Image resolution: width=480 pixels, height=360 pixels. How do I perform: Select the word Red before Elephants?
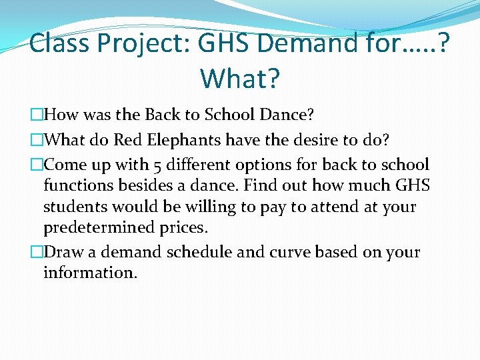[127, 141]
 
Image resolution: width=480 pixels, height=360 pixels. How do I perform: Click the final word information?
[90, 273]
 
